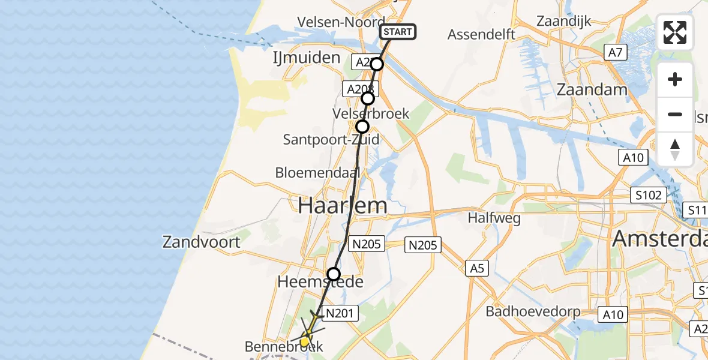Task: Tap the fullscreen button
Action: tap(675, 32)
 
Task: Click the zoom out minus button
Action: tap(675, 114)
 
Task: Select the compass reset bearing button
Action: tap(675, 149)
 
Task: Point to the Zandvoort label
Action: tap(202, 242)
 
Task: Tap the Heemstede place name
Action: tap(320, 281)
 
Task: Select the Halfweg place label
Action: tap(495, 218)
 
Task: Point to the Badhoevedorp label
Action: tap(533, 311)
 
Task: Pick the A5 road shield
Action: tap(477, 268)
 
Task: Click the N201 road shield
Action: tap(341, 312)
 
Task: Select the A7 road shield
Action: tap(616, 53)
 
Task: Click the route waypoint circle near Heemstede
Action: tap(333, 274)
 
